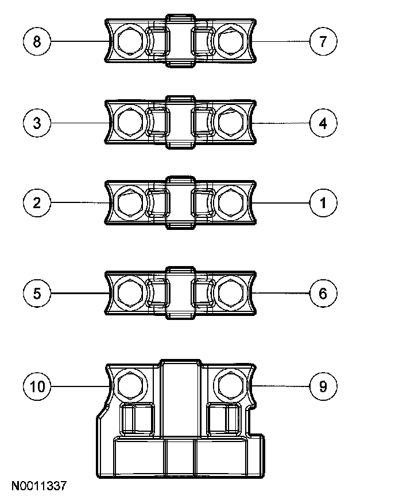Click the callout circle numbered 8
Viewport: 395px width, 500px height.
(37, 41)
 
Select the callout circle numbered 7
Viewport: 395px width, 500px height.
(323, 41)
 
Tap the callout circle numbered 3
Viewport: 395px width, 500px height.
(37, 123)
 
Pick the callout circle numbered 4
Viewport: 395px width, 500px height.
(323, 123)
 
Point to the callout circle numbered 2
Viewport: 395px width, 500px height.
(37, 202)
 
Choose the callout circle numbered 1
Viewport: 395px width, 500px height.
(323, 202)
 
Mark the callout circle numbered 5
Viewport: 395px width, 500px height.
(37, 294)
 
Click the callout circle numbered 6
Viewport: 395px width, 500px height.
(323, 294)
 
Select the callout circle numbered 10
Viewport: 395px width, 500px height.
(37, 386)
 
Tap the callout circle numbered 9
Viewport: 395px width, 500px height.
(323, 386)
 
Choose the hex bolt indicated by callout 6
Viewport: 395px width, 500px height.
(231, 293)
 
